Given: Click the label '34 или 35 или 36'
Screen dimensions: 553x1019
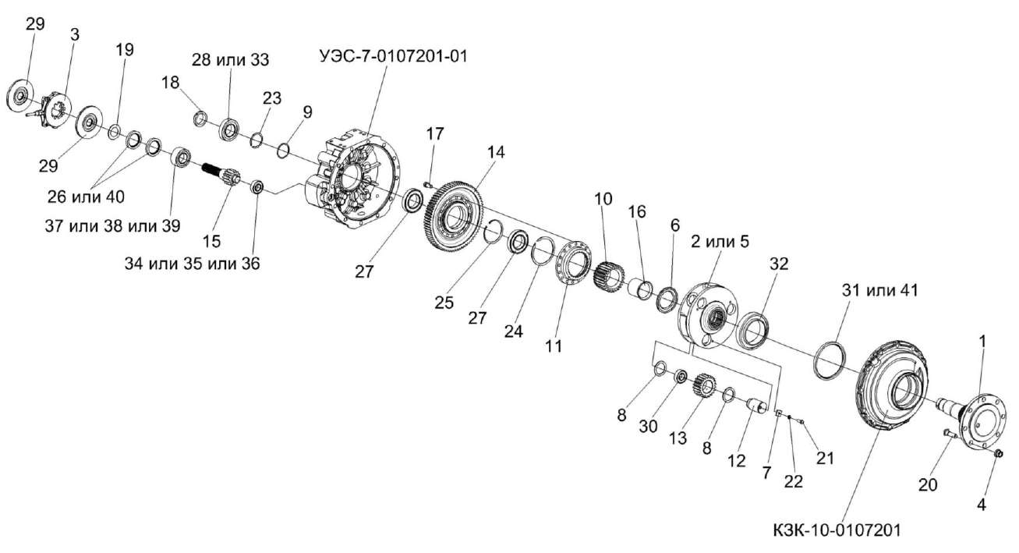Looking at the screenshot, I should coord(192,264).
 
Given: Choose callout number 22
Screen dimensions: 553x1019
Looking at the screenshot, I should coord(792,482).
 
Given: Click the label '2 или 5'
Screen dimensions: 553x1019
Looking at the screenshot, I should coord(720,242).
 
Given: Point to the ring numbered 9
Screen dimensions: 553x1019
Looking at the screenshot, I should coord(285,147).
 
